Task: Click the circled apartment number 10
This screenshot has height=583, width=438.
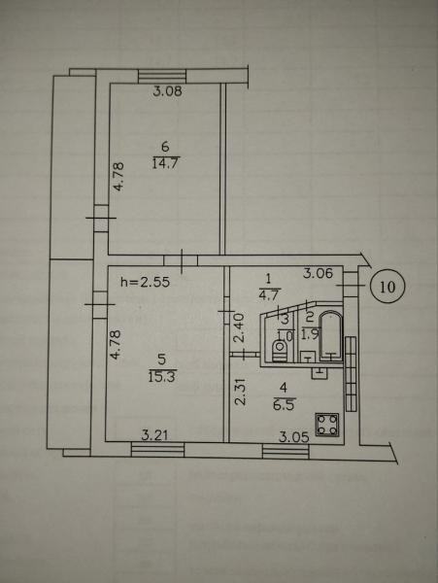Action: [387, 287]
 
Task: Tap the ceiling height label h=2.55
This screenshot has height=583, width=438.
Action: [146, 282]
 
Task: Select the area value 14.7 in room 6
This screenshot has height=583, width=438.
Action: [166, 163]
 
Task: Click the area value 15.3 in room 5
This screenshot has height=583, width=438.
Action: [162, 376]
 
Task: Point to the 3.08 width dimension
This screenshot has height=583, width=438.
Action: [168, 91]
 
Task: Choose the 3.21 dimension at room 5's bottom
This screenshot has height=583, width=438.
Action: [154, 434]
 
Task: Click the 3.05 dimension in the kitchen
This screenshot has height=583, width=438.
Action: [294, 437]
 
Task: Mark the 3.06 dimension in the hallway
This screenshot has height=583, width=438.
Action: [318, 274]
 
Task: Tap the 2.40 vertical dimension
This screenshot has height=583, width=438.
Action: [240, 327]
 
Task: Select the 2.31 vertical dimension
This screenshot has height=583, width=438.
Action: [241, 392]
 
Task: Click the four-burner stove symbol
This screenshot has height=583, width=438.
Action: [327, 425]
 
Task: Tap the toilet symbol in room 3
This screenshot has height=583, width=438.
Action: [280, 351]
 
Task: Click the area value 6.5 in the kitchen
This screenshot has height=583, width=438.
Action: [285, 403]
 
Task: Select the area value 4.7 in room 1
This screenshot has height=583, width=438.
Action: [270, 293]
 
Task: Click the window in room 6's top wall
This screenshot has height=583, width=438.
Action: [161, 77]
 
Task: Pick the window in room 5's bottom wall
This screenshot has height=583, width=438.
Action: [158, 449]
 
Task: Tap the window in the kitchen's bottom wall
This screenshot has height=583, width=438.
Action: [286, 452]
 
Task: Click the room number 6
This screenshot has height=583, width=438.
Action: [165, 147]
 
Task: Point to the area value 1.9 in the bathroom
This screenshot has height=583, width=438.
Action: [310, 335]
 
